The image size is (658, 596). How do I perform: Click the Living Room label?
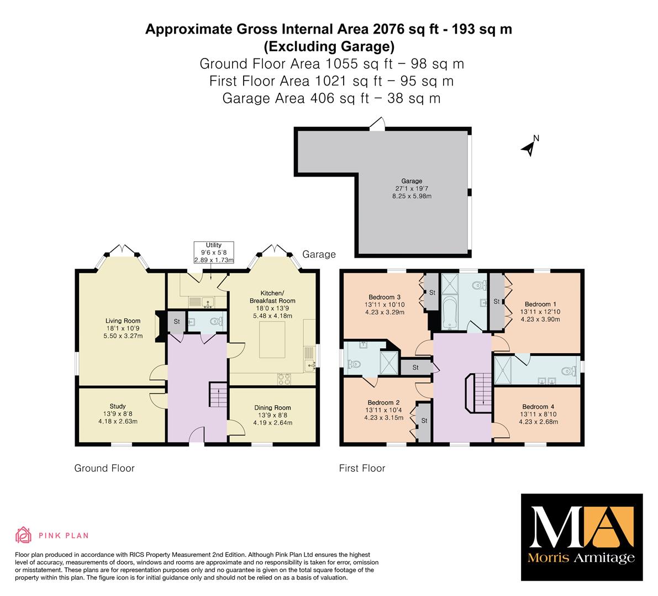(x=123, y=321)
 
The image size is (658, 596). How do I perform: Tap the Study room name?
(x=118, y=406)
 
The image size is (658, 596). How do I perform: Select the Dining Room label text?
(x=272, y=408)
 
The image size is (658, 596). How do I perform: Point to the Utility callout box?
(x=214, y=252)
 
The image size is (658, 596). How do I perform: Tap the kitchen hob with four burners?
(x=284, y=379)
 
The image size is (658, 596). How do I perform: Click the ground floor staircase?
(x=218, y=394)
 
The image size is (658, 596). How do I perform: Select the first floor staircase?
(x=478, y=392)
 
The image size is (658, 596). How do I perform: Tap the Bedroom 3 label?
(x=385, y=297)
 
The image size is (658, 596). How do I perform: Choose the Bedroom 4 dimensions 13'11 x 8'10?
(x=539, y=414)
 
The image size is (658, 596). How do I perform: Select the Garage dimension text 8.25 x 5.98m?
(x=412, y=196)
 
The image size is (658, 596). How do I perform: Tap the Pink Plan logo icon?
(x=23, y=535)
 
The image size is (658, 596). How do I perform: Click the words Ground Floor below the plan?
(x=104, y=468)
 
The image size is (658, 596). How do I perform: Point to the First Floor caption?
(x=362, y=468)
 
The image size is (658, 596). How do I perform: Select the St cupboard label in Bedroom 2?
(x=424, y=421)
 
